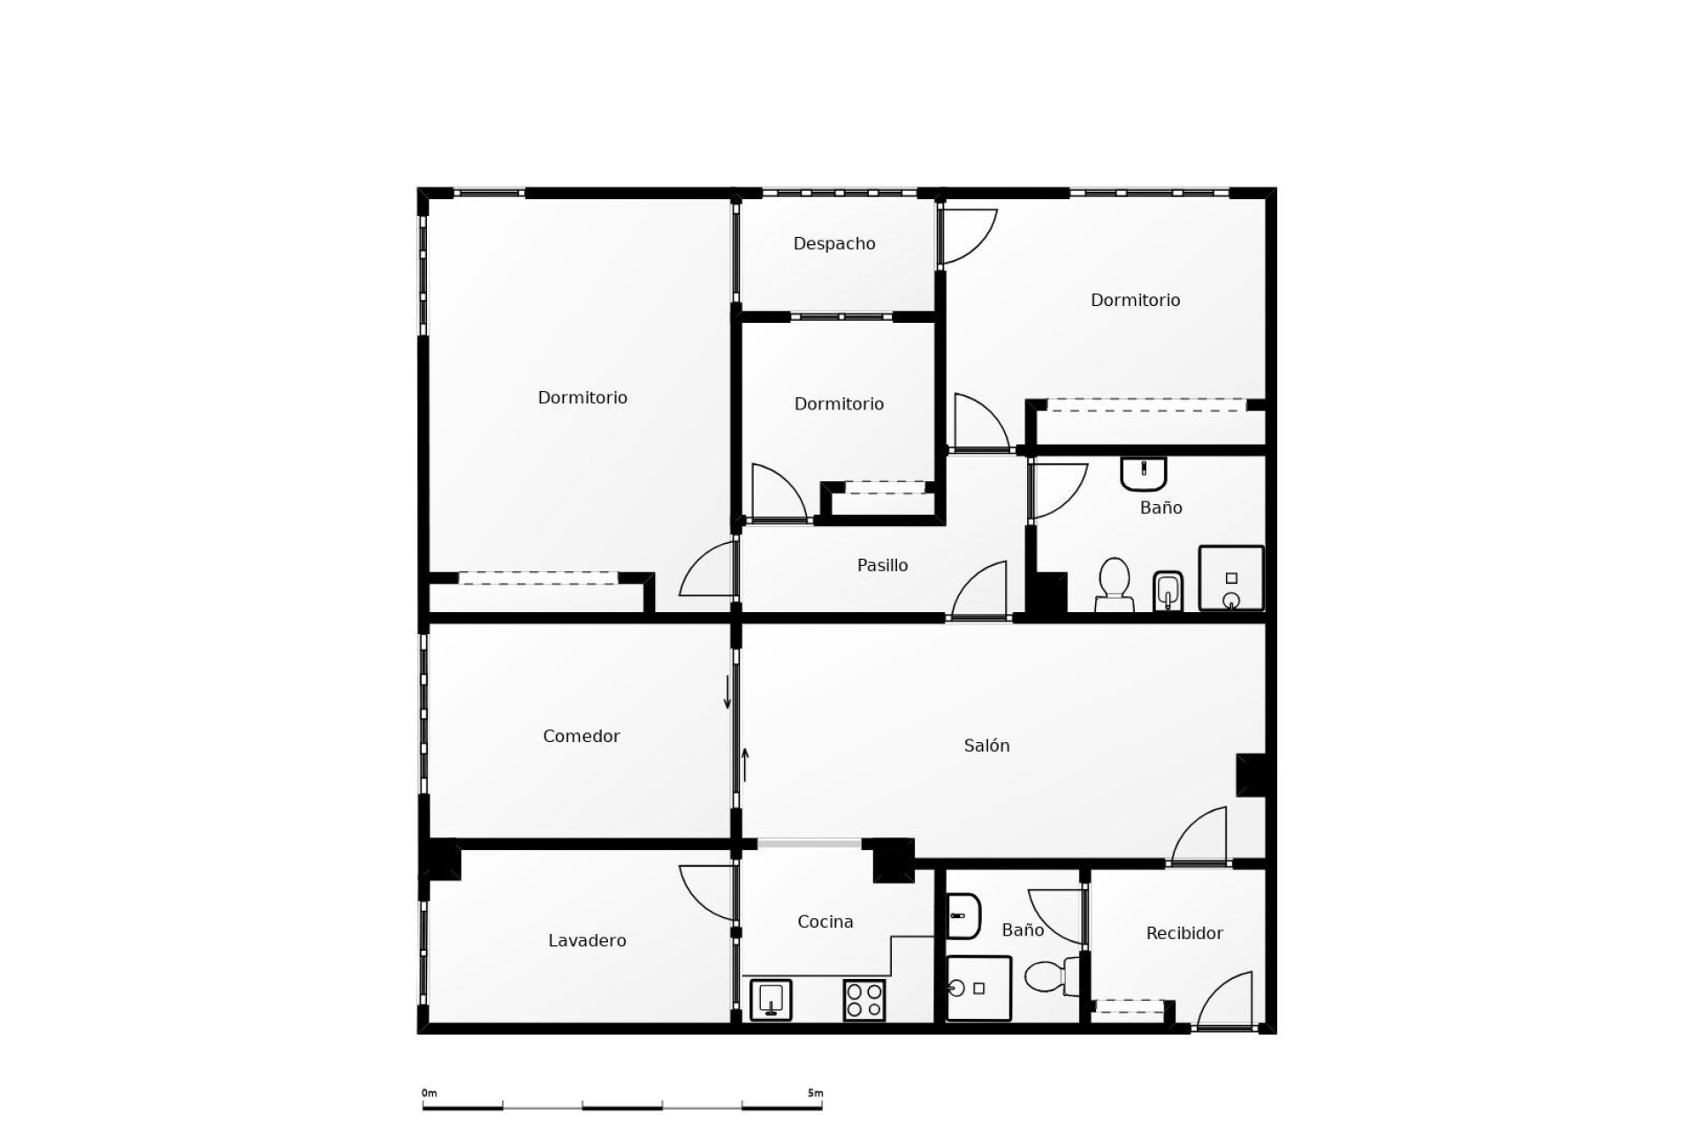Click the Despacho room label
[x=833, y=243]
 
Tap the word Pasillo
[x=882, y=565]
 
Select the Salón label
[x=986, y=746]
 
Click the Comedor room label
[x=581, y=736]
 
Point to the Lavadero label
[x=587, y=940]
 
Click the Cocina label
[x=825, y=922]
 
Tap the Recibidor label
[x=1183, y=933]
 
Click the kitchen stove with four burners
[x=864, y=999]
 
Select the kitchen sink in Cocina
[x=771, y=999]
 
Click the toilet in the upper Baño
[x=1114, y=585]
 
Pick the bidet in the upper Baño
[x=1168, y=590]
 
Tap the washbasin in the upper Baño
[x=1144, y=473]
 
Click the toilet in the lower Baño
[x=1051, y=976]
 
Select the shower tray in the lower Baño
[x=978, y=988]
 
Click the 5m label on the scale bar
[x=815, y=1093]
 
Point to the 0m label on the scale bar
[x=430, y=1093]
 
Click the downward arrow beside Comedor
[x=727, y=692]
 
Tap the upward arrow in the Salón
[x=745, y=765]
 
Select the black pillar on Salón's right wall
[x=1251, y=775]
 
